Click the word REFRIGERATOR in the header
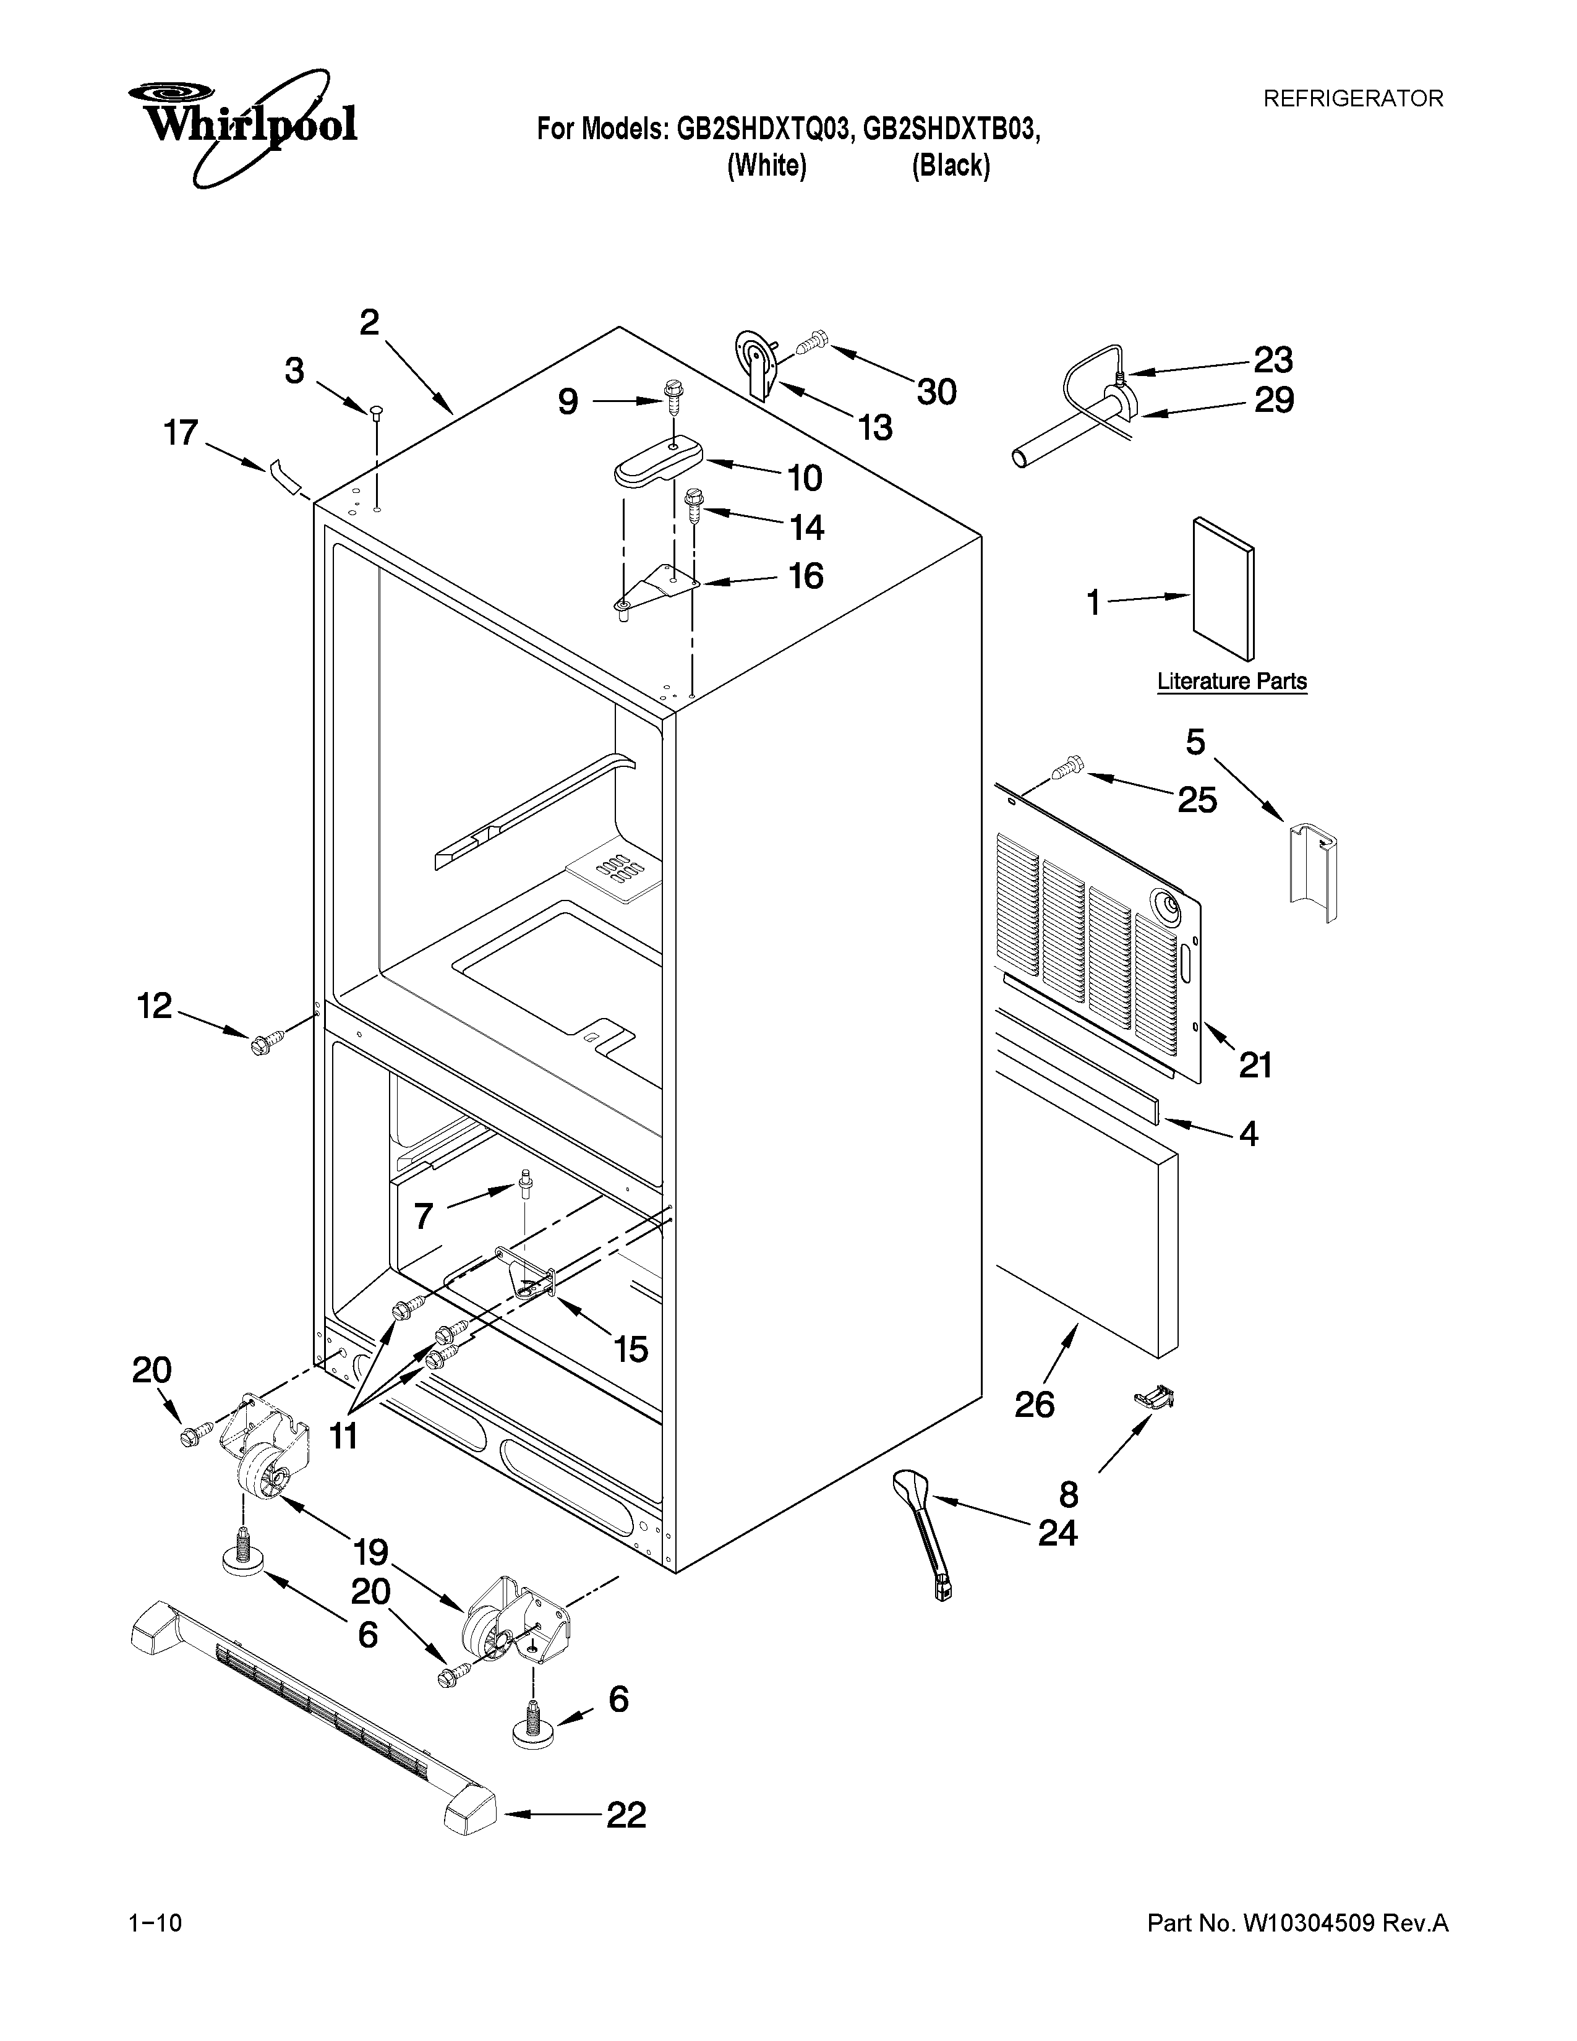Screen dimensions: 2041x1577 1353,99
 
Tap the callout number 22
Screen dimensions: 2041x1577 626,1815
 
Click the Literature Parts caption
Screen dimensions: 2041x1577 1231,682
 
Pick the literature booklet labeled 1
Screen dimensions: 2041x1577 1223,589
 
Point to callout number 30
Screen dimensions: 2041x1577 936,392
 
